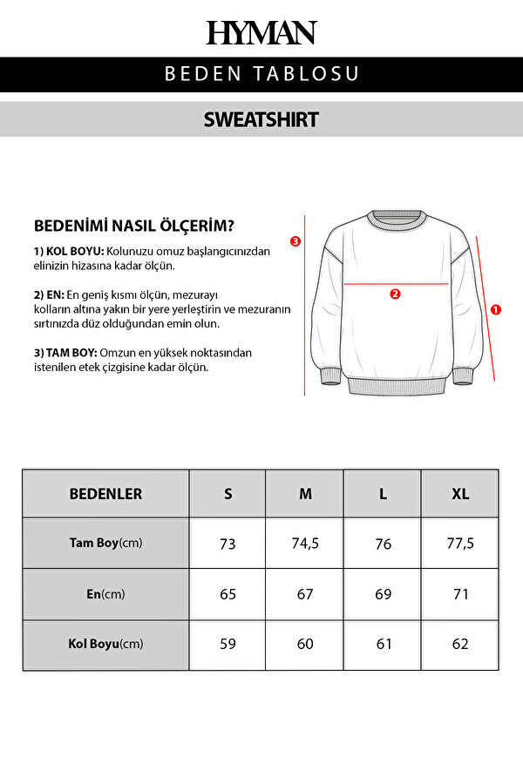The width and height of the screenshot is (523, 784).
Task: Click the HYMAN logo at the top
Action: pyautogui.click(x=261, y=33)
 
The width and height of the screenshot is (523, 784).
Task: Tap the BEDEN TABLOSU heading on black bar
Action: pyautogui.click(x=261, y=74)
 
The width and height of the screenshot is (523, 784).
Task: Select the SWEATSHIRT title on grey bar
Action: pyautogui.click(x=261, y=119)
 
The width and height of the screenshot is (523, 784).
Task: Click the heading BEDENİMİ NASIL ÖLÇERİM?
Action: pyautogui.click(x=133, y=226)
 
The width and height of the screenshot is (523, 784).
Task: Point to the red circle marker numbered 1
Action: pyautogui.click(x=496, y=308)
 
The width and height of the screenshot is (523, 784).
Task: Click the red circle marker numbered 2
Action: pyautogui.click(x=395, y=294)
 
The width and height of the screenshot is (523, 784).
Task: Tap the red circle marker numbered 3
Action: pyautogui.click(x=295, y=241)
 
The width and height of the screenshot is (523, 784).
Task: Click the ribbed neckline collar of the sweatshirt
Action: pyautogui.click(x=396, y=220)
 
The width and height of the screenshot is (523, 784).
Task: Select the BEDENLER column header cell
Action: pyautogui.click(x=105, y=494)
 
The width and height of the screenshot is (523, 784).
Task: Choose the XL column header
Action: pyautogui.click(x=460, y=494)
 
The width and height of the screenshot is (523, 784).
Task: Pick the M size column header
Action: pyautogui.click(x=305, y=494)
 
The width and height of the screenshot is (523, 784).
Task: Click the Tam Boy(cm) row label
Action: pyautogui.click(x=105, y=543)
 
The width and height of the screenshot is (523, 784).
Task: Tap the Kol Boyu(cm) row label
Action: pyautogui.click(x=105, y=644)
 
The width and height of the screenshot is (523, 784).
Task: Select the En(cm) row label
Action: pyautogui.click(x=105, y=594)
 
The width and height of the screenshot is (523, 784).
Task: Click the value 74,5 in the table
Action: pyautogui.click(x=305, y=543)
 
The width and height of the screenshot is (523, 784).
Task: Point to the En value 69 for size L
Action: pyautogui.click(x=383, y=594)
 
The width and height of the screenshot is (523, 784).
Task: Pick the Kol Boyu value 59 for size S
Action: pyautogui.click(x=228, y=644)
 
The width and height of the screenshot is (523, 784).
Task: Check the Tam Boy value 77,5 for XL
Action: pyautogui.click(x=460, y=543)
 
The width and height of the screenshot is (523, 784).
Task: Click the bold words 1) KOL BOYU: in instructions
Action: pyautogui.click(x=68, y=251)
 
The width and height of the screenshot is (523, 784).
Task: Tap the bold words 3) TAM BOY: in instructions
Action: pyautogui.click(x=65, y=352)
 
